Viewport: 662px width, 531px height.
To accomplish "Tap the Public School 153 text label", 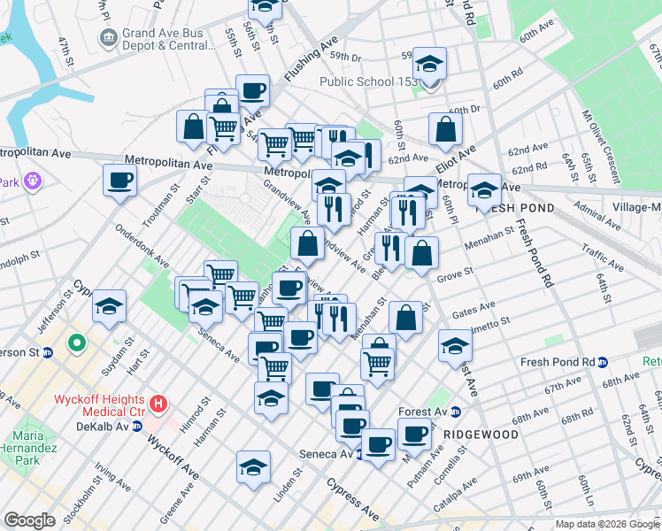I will coord(369,82).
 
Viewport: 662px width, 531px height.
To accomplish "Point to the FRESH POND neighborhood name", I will coord(515,208).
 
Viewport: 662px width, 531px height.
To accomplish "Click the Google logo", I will coord(29,520).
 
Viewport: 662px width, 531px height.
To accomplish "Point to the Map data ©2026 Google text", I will coord(606,524).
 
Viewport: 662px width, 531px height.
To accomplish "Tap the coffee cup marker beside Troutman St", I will coord(119,181).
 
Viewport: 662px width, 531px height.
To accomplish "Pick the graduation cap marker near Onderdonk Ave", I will coord(110,306).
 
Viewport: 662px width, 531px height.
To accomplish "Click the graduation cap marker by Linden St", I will coord(253,466).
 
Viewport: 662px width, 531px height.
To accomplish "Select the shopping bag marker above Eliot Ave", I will coord(445,129).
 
